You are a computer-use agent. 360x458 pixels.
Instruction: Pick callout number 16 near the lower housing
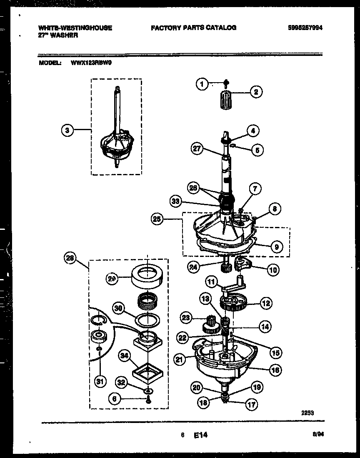275,369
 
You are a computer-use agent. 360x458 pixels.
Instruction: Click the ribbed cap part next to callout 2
225,100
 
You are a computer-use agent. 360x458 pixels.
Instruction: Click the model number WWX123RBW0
89,63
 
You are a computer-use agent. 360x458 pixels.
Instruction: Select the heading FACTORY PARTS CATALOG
193,28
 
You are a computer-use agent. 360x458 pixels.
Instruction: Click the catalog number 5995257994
306,28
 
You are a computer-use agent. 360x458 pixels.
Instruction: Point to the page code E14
200,435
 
